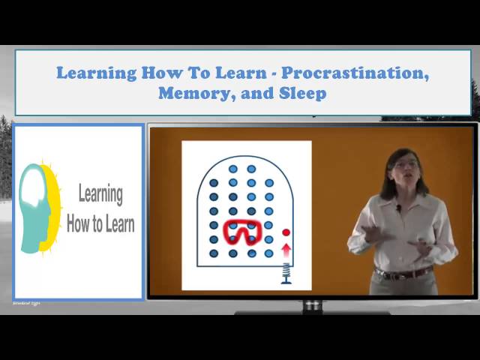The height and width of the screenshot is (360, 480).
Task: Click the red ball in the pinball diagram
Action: click(286, 232)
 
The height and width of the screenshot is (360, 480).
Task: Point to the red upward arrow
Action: click(286, 249)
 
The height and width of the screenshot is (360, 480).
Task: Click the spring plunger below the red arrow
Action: click(286, 273)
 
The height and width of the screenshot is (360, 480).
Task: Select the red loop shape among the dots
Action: click(242, 232)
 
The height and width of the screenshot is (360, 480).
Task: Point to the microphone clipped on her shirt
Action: click(398, 208)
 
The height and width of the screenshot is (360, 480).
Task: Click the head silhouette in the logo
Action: click(36, 206)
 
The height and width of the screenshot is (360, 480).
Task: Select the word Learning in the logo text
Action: click(100, 193)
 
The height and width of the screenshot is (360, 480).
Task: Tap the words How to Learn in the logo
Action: click(100, 223)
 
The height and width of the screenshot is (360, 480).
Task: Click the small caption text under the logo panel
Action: click(26, 304)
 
